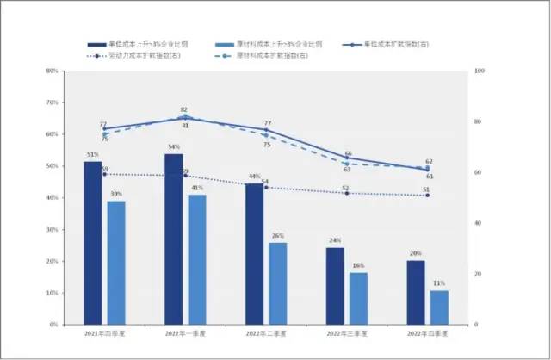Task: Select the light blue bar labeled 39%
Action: pyautogui.click(x=116, y=263)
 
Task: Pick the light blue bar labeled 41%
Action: pyautogui.click(x=197, y=259)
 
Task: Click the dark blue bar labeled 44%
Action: pyautogui.click(x=254, y=254)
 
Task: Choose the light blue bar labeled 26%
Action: pyautogui.click(x=277, y=283)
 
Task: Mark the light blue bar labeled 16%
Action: pyautogui.click(x=358, y=299)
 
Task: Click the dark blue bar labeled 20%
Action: pyautogui.click(x=416, y=292)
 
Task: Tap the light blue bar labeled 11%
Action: pyautogui.click(x=439, y=307)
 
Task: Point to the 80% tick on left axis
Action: pyautogui.click(x=53, y=71)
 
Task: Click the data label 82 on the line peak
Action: pyautogui.click(x=184, y=110)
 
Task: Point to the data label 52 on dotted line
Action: pyautogui.click(x=346, y=187)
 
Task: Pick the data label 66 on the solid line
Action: pyautogui.click(x=348, y=153)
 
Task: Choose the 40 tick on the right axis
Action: pyautogui.click(x=478, y=223)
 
